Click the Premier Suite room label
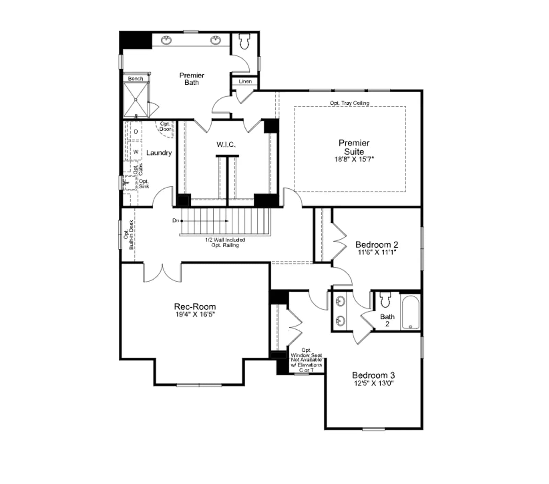point(354,147)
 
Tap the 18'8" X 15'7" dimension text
point(354,159)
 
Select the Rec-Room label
point(195,307)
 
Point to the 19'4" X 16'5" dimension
point(195,315)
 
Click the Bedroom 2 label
point(377,245)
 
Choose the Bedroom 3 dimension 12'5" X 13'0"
point(374,383)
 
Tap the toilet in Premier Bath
point(244,42)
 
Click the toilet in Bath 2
point(385,299)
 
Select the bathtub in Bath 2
point(410,312)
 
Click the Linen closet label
point(245,81)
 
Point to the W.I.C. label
point(226,145)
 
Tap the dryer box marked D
point(136,131)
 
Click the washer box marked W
point(136,151)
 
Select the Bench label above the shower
point(136,79)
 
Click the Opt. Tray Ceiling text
point(350,103)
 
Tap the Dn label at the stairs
point(176,221)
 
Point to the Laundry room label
point(159,153)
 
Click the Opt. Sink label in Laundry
point(144,184)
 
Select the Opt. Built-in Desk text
point(128,235)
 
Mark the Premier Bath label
point(192,79)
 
